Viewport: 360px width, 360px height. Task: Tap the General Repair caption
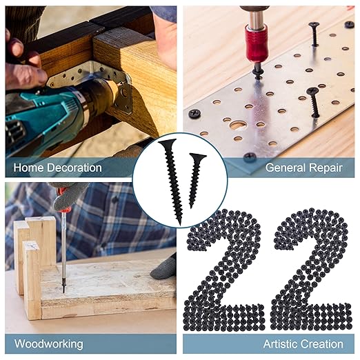point(304,167)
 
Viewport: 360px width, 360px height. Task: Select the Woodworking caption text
point(48,343)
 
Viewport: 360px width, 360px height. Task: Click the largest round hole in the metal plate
point(238,125)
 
